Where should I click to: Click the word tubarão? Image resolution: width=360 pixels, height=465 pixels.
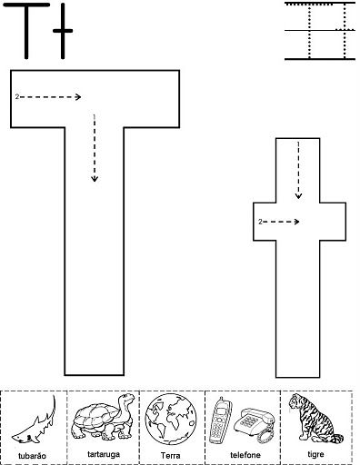click(x=32, y=456)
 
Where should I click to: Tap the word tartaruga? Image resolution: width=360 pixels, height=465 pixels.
click(x=104, y=454)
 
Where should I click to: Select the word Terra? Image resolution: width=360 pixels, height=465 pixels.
click(x=171, y=455)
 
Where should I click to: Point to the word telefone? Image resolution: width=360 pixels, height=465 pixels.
click(x=245, y=455)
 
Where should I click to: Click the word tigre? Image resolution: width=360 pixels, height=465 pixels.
click(x=315, y=454)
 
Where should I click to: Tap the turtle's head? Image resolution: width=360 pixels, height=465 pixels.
click(x=126, y=400)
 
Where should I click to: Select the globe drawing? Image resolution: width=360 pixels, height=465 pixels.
click(x=171, y=419)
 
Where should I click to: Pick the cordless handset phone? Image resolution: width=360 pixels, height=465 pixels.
click(x=220, y=420)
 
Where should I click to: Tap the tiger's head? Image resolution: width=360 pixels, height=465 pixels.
click(x=296, y=402)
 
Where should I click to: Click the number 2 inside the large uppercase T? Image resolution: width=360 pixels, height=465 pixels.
click(x=17, y=96)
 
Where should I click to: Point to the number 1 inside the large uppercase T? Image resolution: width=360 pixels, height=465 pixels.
click(x=95, y=117)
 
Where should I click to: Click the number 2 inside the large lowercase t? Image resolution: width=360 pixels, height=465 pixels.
click(x=260, y=222)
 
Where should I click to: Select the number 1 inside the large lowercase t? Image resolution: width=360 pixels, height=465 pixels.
click(x=298, y=143)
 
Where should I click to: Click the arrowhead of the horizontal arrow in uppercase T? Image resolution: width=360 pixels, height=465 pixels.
click(x=78, y=97)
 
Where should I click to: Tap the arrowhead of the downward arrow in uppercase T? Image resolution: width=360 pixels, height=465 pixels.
click(x=95, y=179)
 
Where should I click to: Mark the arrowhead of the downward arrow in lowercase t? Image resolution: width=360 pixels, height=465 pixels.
click(x=298, y=196)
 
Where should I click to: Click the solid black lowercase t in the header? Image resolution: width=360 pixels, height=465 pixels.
click(x=63, y=31)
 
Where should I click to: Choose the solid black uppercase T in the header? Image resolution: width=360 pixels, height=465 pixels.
click(x=26, y=31)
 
